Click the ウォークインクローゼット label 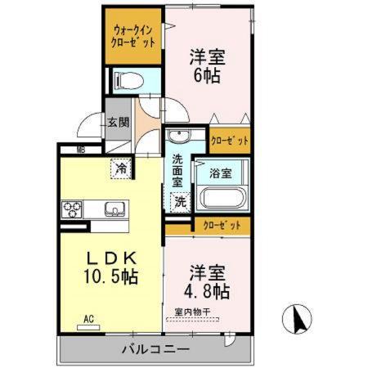(134, 36)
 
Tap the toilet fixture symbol (126, 80)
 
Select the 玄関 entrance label (118, 123)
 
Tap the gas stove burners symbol (74, 209)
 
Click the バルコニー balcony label (155, 349)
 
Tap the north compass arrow (298, 316)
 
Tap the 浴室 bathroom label (220, 173)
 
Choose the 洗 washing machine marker (179, 200)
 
